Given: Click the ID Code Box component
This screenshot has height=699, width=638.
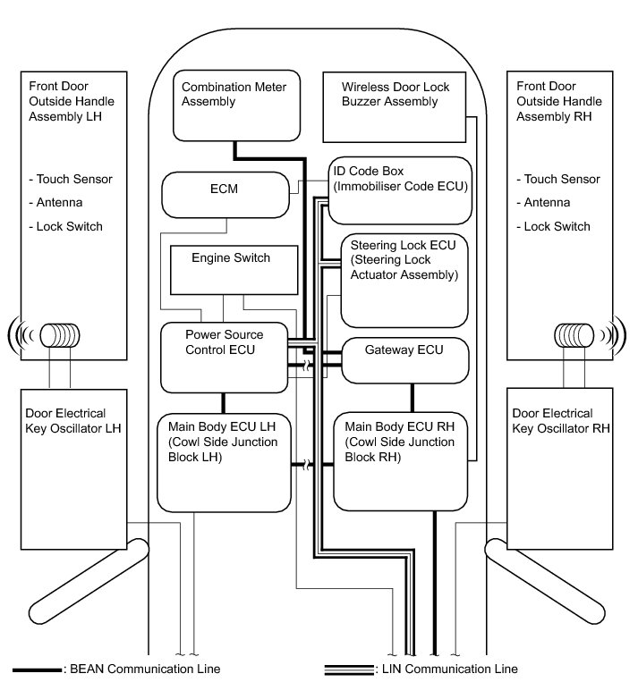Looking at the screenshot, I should click(400, 190).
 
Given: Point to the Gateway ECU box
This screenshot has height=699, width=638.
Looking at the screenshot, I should click(405, 358).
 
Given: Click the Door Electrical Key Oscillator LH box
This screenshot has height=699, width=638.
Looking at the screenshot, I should click(73, 468).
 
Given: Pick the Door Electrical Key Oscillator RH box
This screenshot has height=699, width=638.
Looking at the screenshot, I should click(560, 468).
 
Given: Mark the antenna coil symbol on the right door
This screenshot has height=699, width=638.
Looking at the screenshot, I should click(575, 336).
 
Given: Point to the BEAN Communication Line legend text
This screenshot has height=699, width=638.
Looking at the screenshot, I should click(144, 670).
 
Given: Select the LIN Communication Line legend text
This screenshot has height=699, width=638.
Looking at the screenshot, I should click(447, 670).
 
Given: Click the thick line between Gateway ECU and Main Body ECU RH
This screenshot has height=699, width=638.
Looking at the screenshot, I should click(412, 397).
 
